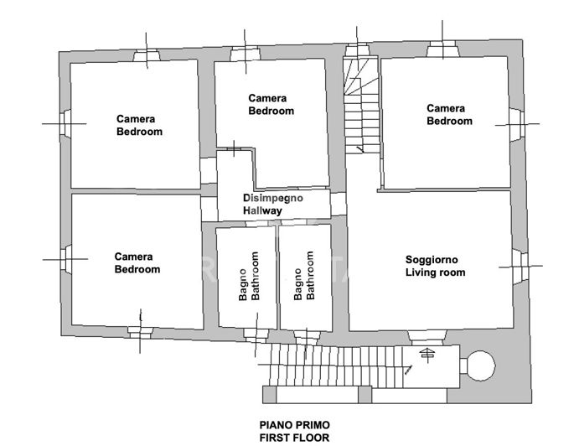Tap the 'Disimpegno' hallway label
pos(273,199)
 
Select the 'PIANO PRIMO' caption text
pos(293,426)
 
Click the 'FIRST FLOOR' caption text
pos(293,438)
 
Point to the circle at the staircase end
pos(480,365)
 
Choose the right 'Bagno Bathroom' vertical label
pos(304,277)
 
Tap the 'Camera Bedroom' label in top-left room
pos(139,125)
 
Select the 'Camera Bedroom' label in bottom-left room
pos(137,263)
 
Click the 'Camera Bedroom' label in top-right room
pos(449,115)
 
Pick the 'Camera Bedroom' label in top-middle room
pos(271,105)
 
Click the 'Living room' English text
pos(435,273)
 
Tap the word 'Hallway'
pos(263,211)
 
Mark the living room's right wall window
pos(519,267)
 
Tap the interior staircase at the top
pos(362,105)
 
